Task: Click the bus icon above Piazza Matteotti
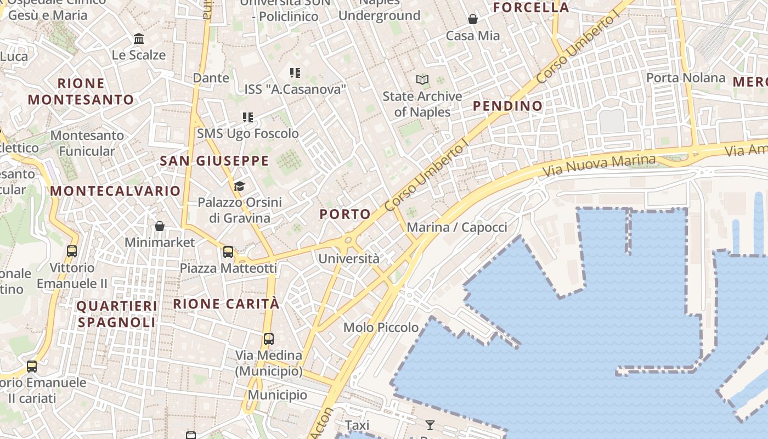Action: [x=228, y=252]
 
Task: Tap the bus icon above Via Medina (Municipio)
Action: [x=268, y=339]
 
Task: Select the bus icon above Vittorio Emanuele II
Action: [x=71, y=251]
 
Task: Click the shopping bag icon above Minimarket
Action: [x=160, y=226]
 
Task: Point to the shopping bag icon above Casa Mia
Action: [x=473, y=20]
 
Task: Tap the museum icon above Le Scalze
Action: [x=139, y=39]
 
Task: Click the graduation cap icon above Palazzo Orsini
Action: [x=239, y=187]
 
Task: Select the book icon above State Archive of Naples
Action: [x=422, y=80]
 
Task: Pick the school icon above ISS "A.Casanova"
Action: [x=295, y=72]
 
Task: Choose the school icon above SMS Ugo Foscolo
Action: [x=248, y=117]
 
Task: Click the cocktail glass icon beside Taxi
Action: [x=430, y=425]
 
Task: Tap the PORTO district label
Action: [x=345, y=214]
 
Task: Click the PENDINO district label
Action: [x=507, y=105]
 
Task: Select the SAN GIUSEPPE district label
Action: [x=214, y=161]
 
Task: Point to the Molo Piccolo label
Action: [x=381, y=328]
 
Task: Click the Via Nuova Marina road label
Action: [x=599, y=166]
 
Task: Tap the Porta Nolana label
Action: [x=686, y=78]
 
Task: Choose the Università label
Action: [x=349, y=259]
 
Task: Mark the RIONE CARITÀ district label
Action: [x=227, y=303]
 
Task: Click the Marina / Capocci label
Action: [x=457, y=227]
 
